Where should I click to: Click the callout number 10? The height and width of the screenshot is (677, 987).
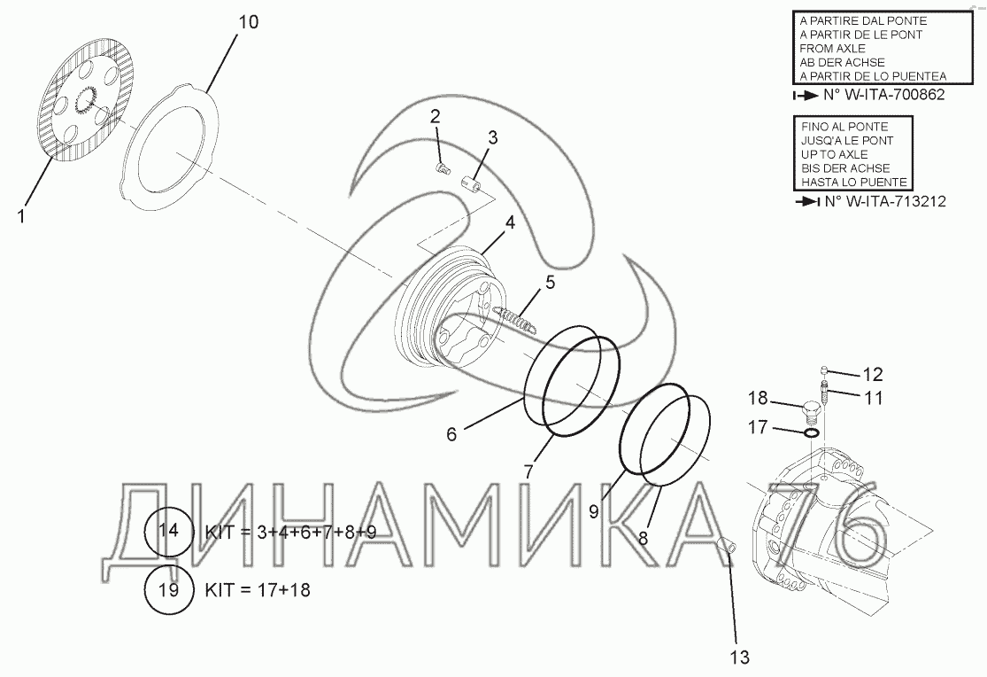point(248,22)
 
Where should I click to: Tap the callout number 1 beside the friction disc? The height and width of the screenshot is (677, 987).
point(21,216)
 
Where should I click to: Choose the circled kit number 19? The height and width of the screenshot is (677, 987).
point(168,590)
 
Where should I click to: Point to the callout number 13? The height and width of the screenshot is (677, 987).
point(740,657)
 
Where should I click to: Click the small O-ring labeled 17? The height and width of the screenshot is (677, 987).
point(812,433)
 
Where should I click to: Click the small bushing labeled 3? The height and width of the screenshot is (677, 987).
point(472,183)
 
